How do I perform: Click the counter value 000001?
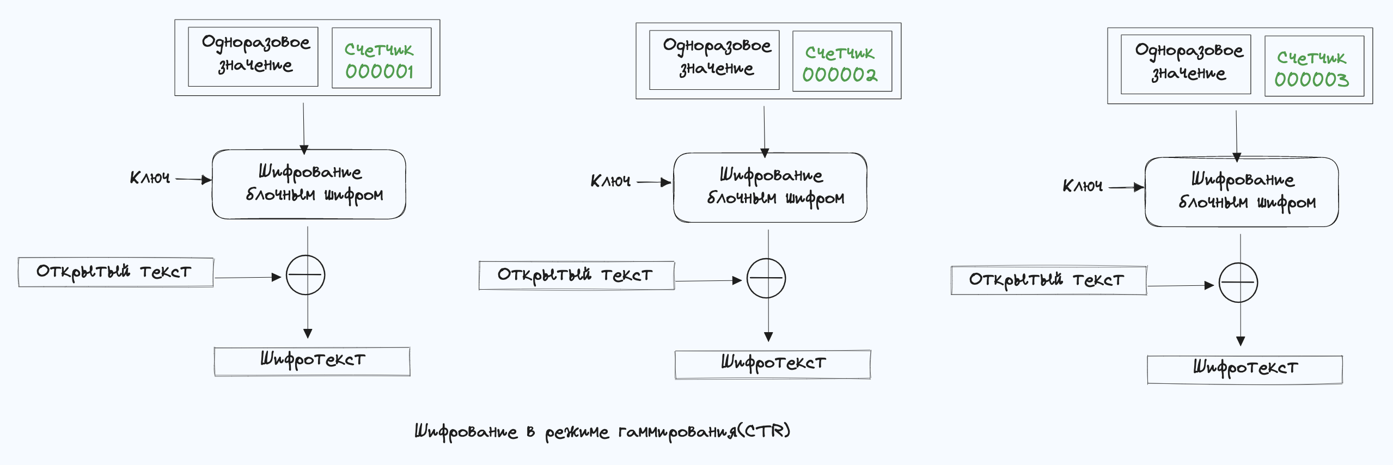[380, 71]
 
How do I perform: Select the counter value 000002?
[840, 75]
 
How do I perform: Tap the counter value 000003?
[1311, 79]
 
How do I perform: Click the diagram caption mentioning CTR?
[602, 432]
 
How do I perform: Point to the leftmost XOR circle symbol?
[306, 275]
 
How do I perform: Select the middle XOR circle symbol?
[766, 278]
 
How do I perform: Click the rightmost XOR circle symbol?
[1238, 283]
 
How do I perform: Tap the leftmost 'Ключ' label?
[150, 178]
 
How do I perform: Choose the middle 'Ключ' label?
[610, 181]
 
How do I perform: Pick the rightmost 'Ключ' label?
[1083, 186]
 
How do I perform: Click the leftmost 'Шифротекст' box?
[312, 361]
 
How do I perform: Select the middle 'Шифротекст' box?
[773, 364]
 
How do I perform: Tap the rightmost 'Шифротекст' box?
[1245, 370]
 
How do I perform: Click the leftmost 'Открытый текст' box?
[115, 272]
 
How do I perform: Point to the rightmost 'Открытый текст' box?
[1048, 280]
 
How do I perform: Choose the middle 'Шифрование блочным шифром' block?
[770, 187]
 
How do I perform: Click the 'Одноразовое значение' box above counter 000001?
[253, 56]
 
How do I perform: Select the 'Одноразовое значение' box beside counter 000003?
[1186, 64]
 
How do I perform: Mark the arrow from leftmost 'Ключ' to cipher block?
[193, 179]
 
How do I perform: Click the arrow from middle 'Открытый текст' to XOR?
[708, 281]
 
